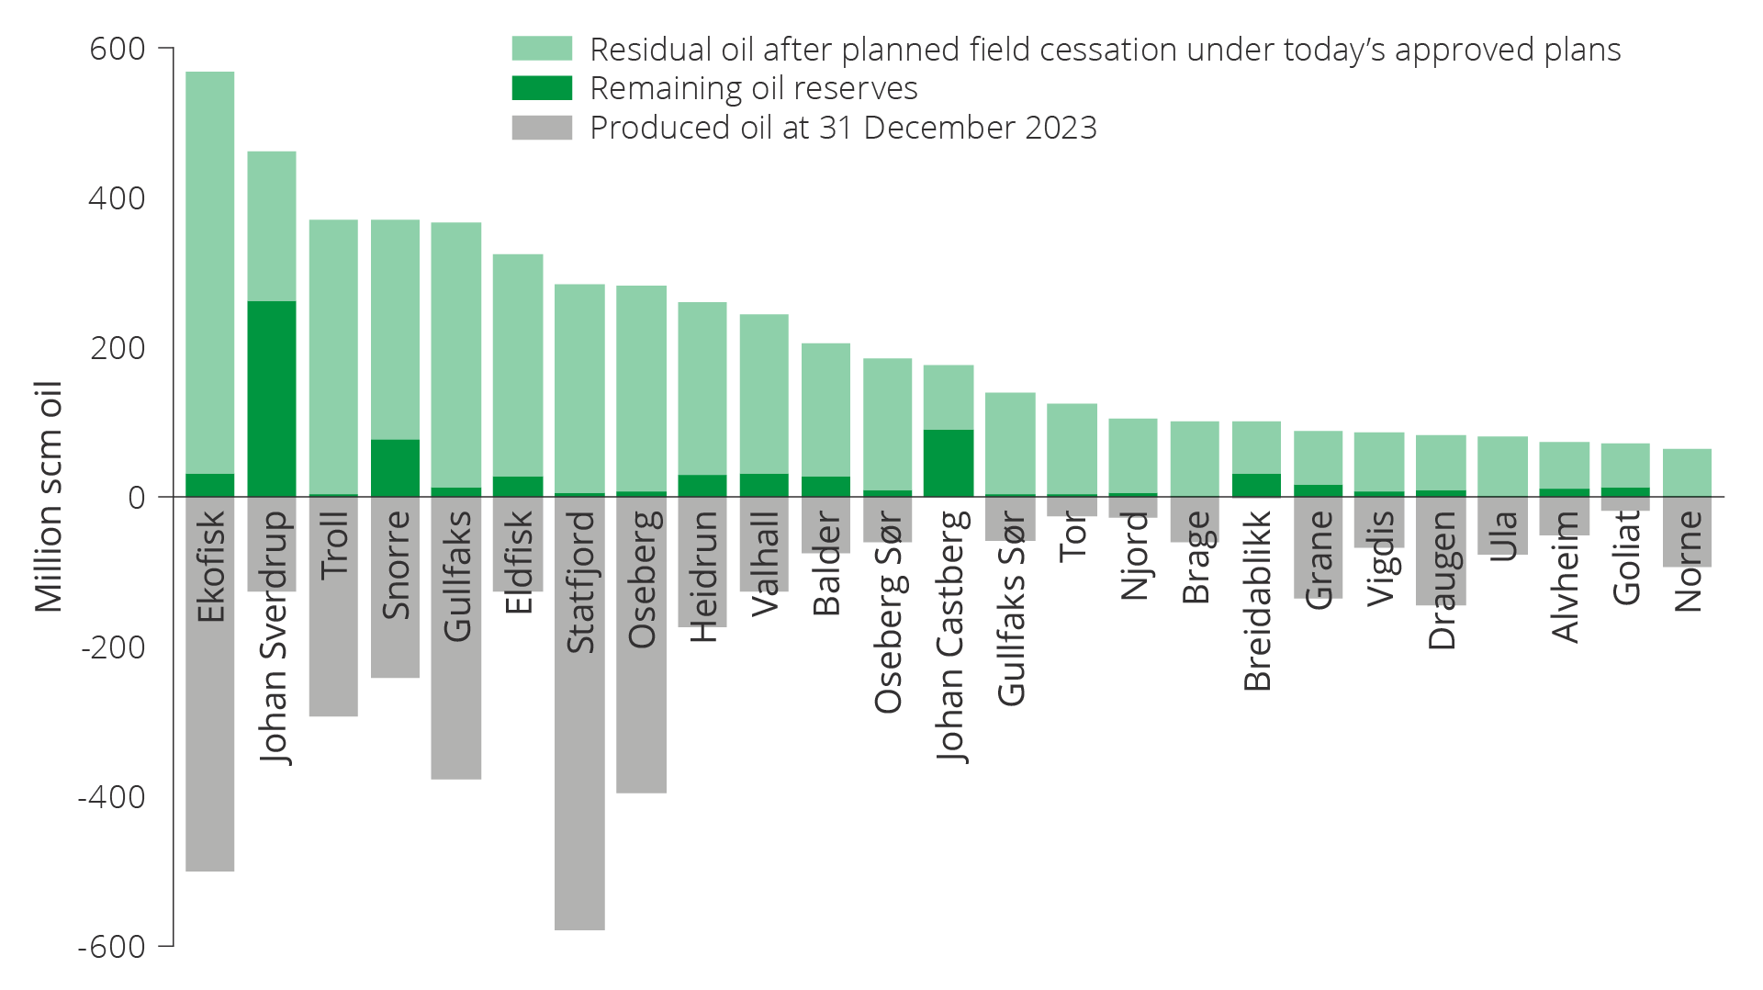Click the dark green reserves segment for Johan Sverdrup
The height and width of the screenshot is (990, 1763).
[x=272, y=399]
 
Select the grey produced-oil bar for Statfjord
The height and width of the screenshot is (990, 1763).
[x=579, y=790]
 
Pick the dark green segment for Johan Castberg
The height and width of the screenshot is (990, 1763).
[x=949, y=463]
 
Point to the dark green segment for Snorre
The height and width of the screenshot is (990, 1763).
[x=395, y=467]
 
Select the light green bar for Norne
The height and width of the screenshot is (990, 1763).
[x=1687, y=472]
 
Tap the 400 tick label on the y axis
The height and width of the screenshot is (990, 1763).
[x=117, y=198]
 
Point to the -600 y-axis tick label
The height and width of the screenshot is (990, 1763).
[x=111, y=946]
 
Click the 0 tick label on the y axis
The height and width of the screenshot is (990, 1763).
[x=137, y=498]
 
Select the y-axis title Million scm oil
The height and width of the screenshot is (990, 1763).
[x=48, y=497]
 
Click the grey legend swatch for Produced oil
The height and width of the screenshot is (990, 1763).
[x=542, y=128]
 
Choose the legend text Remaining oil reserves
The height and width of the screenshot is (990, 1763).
[x=753, y=88]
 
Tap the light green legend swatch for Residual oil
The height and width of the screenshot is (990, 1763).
[x=542, y=49]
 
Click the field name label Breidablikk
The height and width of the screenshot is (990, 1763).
[x=1257, y=601]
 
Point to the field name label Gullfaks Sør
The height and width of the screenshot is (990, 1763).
[x=1011, y=609]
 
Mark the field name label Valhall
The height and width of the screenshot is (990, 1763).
[x=765, y=563]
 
